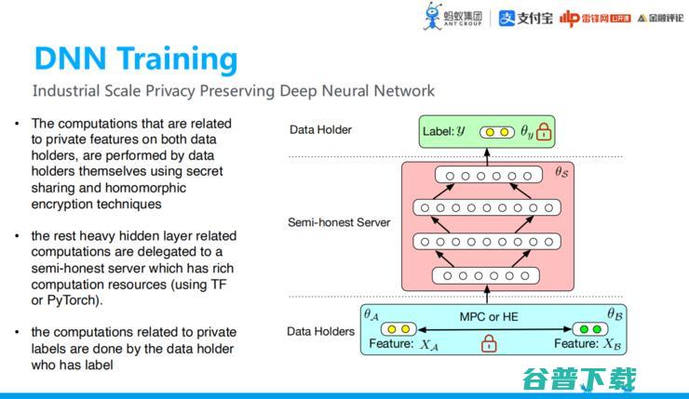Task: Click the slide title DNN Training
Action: pos(136,58)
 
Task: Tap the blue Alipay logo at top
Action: pos(507,19)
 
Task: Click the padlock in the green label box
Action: pos(544,132)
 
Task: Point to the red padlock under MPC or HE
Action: pos(488,344)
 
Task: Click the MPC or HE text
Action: pos(488,316)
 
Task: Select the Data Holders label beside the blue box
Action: pos(320,331)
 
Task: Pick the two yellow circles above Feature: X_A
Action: pos(398,329)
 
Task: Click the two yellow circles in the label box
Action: pos(495,132)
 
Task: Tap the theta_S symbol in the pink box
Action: pos(562,172)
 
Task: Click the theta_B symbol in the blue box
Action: pos(615,314)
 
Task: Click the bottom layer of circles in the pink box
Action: pos(486,274)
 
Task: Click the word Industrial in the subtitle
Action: pos(67,91)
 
